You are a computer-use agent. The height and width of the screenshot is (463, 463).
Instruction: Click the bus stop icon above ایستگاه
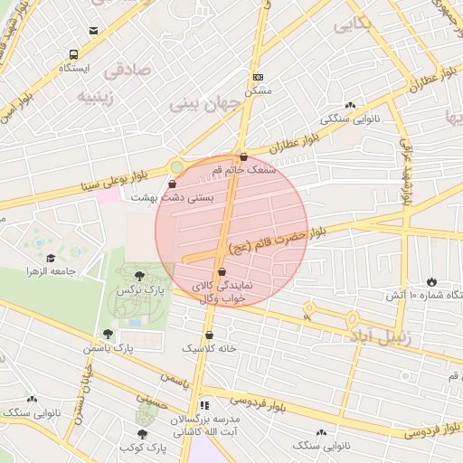tap(95, 54)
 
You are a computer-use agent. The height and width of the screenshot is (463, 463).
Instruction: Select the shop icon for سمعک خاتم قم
tap(243, 157)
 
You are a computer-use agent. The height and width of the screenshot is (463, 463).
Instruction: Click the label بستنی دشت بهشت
tap(173, 196)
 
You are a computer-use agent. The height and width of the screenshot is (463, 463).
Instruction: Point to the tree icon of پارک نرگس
tap(137, 277)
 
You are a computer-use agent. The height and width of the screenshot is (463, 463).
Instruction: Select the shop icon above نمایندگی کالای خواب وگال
tap(222, 271)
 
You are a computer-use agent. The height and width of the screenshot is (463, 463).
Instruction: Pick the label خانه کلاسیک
tap(209, 347)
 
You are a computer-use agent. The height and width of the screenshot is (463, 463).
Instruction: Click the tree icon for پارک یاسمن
tap(109, 334)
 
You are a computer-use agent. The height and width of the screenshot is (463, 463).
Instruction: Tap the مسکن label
tap(259, 91)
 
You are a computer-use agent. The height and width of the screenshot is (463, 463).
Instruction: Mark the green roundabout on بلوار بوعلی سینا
tap(175, 166)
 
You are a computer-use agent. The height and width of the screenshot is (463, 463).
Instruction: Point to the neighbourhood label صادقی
tap(123, 69)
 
